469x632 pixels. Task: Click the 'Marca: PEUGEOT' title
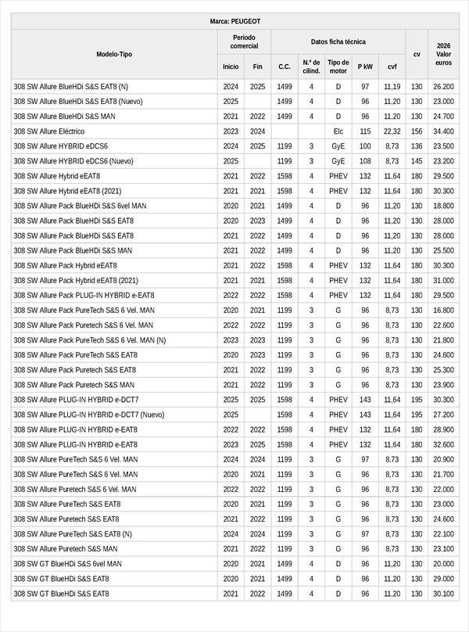click(235, 21)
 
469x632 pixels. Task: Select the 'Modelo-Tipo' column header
click(114, 54)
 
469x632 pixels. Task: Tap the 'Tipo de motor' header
click(338, 66)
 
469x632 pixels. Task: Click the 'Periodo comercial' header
click(244, 41)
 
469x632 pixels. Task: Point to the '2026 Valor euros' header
click(443, 54)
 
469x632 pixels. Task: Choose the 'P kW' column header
click(365, 66)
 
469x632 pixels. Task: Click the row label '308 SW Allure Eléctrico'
click(49, 131)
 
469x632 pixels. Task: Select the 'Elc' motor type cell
click(338, 131)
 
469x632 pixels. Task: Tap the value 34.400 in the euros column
click(443, 131)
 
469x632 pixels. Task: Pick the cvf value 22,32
click(392, 131)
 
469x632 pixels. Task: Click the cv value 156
click(417, 131)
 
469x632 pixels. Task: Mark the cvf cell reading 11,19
click(392, 87)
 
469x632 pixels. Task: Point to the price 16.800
click(443, 311)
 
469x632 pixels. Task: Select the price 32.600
click(443, 444)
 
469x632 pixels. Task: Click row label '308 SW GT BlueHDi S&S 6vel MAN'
click(67, 564)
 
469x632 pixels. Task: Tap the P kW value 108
click(365, 161)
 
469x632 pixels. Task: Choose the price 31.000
click(443, 281)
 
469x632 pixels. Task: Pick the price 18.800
click(443, 206)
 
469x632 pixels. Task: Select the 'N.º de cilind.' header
click(311, 66)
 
